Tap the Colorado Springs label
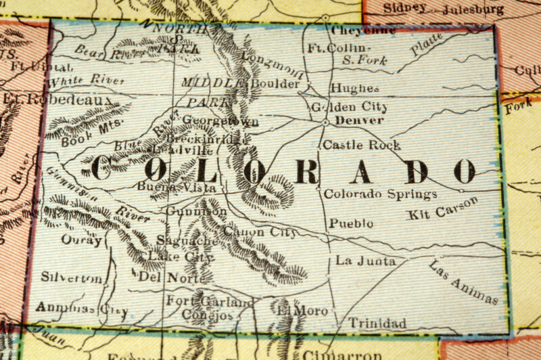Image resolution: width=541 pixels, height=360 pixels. (380, 194)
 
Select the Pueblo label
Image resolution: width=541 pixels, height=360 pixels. (351, 223)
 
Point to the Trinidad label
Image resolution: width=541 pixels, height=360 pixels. (377, 324)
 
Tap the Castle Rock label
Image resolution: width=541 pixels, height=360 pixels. (361, 145)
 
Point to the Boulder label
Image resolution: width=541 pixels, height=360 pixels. (275, 84)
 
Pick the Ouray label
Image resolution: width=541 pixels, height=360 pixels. (81, 239)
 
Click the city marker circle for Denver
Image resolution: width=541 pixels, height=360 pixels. (325, 122)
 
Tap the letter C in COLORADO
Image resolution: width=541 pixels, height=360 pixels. (101, 168)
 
